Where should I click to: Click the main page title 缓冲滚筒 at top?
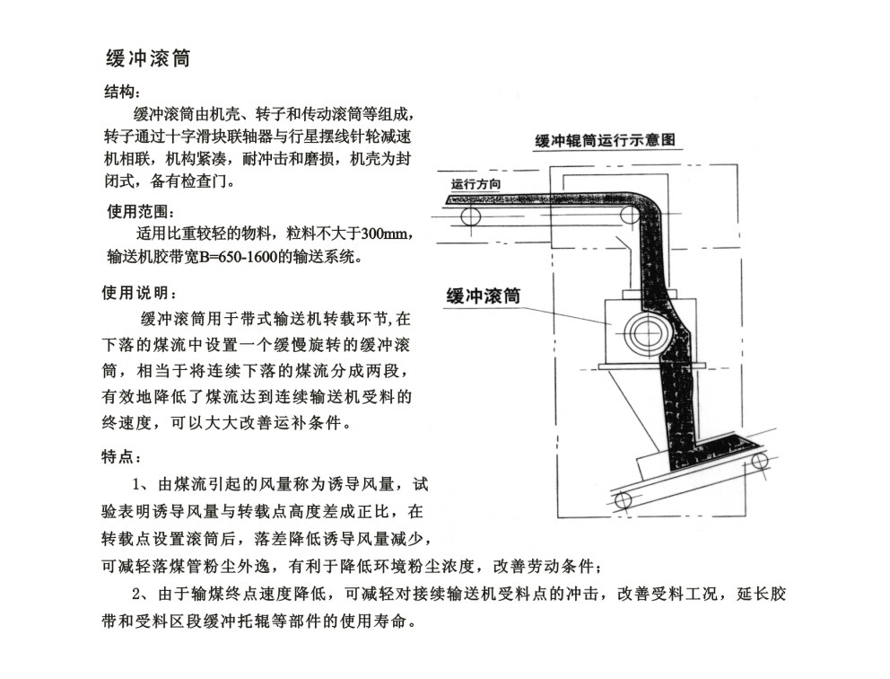148,58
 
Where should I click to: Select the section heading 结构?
122,92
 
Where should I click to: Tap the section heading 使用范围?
141,212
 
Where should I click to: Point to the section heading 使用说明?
140,293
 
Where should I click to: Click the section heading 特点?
121,457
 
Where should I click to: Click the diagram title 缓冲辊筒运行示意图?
605,140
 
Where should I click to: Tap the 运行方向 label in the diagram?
476,183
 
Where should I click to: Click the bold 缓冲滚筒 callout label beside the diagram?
483,295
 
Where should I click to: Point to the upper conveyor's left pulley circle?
470,216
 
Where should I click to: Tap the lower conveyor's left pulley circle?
624,500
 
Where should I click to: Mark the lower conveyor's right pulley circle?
760,460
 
